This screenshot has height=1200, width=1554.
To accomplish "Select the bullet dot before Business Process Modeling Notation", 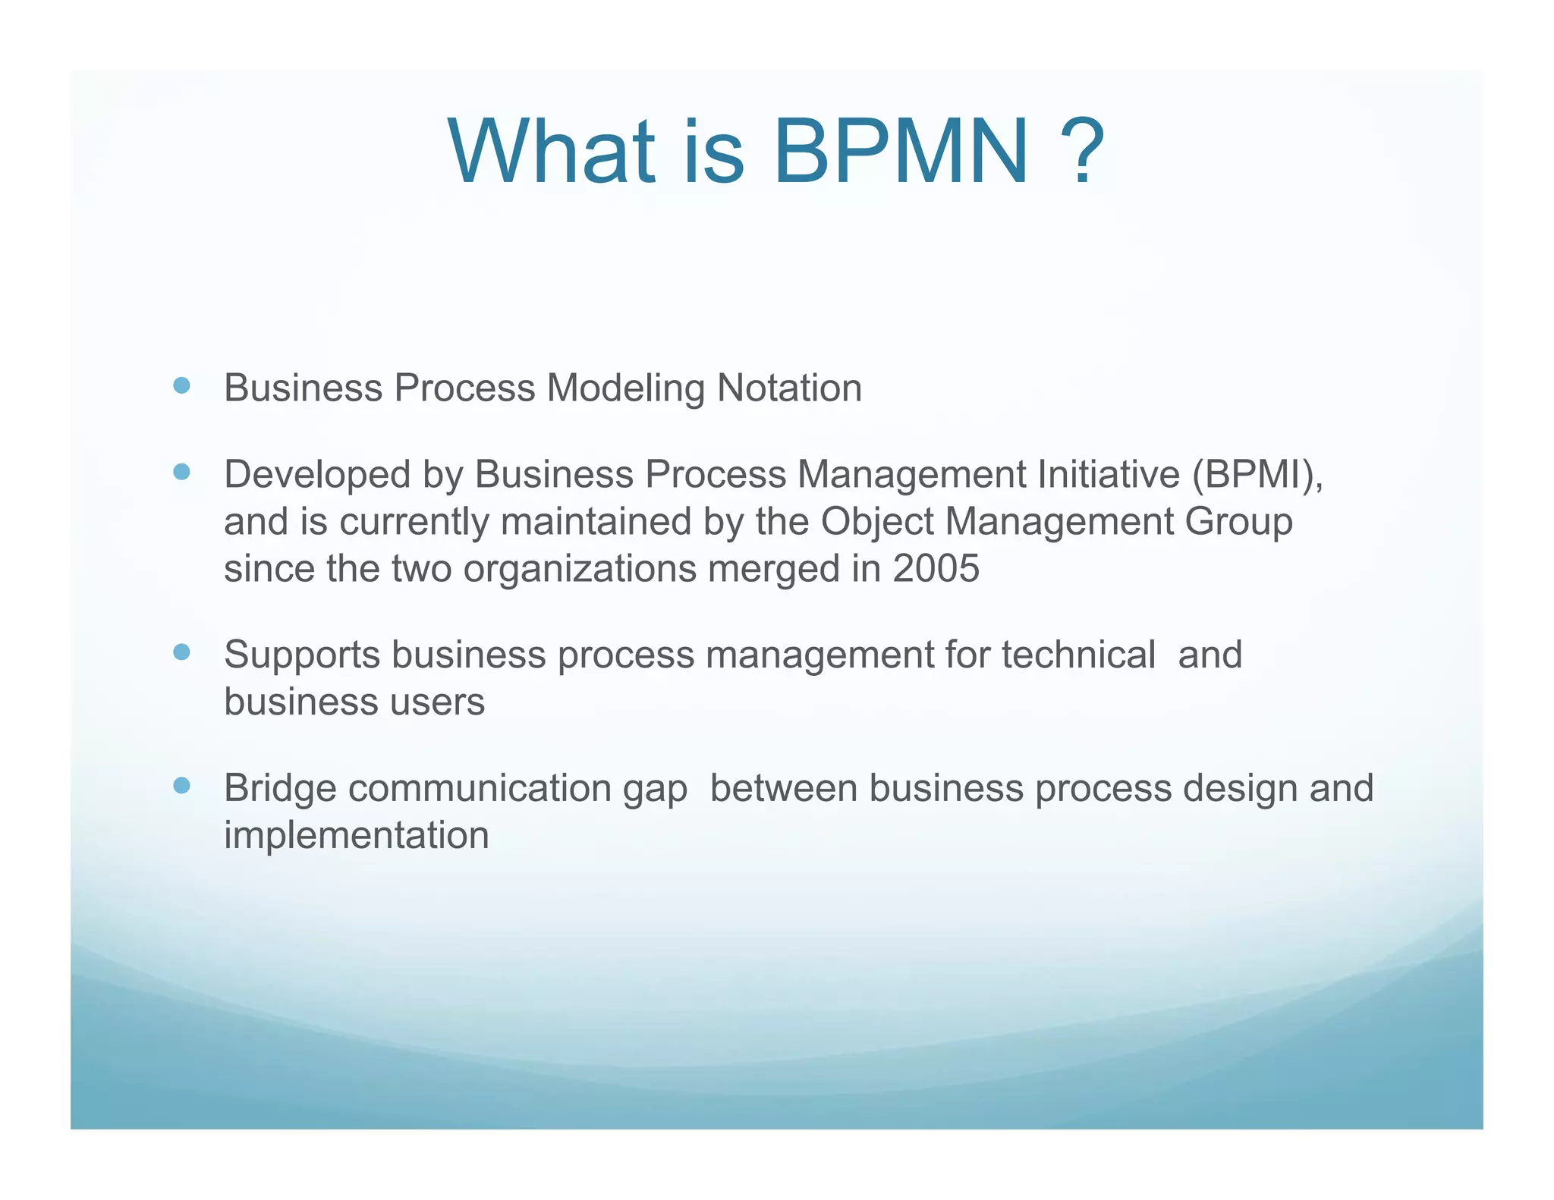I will coord(181,386).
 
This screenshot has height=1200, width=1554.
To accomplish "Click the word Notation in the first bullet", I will coord(789,388).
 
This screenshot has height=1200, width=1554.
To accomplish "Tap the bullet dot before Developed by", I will coord(181,473).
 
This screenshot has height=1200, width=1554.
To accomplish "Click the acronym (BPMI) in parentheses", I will coord(1257,476).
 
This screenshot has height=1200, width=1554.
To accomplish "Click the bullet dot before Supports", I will coord(181,652).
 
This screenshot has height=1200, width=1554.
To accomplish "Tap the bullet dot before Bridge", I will coord(181,785).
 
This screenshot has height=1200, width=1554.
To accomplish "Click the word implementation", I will coord(356,835).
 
